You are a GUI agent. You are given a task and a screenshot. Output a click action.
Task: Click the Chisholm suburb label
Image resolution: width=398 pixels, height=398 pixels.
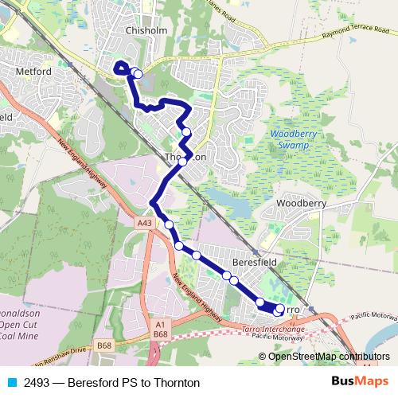pyautogui.click(x=145, y=30)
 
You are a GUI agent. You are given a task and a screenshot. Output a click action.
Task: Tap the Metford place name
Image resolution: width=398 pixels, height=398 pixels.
pyautogui.click(x=33, y=72)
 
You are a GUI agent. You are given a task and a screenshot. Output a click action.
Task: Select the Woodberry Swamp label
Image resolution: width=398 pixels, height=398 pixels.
pyautogui.click(x=294, y=140)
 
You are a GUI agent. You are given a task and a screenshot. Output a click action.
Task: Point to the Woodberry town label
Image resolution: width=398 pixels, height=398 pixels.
pyautogui.click(x=301, y=204)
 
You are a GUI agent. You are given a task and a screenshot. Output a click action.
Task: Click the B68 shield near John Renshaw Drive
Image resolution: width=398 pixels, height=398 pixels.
pyautogui.click(x=102, y=345)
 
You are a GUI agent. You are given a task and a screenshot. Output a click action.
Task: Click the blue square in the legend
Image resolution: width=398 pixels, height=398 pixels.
pyautogui.click(x=11, y=383)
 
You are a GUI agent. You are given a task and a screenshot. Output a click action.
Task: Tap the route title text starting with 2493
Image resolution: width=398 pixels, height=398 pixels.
pyautogui.click(x=112, y=383)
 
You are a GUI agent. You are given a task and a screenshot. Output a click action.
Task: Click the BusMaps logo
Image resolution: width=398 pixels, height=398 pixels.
pyautogui.click(x=359, y=382)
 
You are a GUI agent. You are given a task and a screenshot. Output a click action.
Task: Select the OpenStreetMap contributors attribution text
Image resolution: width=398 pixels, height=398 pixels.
pyautogui.click(x=329, y=356)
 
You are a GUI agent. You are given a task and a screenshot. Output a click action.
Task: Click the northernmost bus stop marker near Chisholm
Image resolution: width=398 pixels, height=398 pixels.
pyautogui.click(x=138, y=74)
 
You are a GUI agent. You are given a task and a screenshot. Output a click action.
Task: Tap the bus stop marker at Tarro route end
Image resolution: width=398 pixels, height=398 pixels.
pyautogui.click(x=279, y=309)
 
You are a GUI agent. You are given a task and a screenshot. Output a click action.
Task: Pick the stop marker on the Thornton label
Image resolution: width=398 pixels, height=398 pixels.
pyautogui.click(x=183, y=161)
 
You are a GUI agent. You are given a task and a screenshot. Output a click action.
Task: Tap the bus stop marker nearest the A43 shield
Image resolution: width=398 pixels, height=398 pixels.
pyautogui.click(x=170, y=225)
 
